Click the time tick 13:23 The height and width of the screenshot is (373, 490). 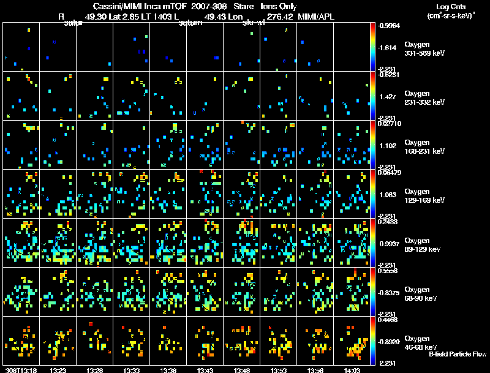tap(58, 369)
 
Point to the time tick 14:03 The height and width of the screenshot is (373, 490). tap(353, 369)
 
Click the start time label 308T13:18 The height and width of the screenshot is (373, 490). tap(21, 369)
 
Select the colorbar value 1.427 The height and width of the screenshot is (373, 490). tap(389, 97)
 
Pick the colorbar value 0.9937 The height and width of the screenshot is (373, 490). tap(391, 244)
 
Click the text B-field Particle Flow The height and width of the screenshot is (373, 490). tap(457, 354)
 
